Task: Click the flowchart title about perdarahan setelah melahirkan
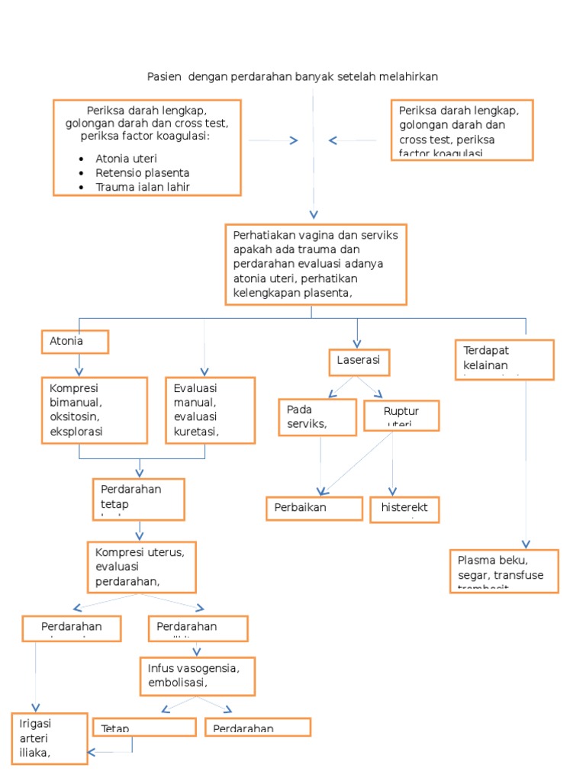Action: pyautogui.click(x=292, y=76)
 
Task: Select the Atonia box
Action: pyautogui.click(x=75, y=342)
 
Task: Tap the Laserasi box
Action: pyautogui.click(x=359, y=362)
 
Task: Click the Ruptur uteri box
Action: pyautogui.click(x=401, y=415)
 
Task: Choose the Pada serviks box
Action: pyautogui.click(x=317, y=417)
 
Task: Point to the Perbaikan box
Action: pyautogui.click(x=314, y=508)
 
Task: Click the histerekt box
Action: pyautogui.click(x=404, y=509)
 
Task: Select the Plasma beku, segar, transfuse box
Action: pyautogui.click(x=503, y=570)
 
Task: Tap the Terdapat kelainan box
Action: pyautogui.click(x=503, y=359)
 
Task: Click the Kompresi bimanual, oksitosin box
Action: pyautogui.click(x=95, y=410)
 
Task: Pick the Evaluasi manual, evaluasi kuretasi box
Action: pyautogui.click(x=210, y=410)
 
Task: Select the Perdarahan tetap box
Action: pyautogui.click(x=139, y=499)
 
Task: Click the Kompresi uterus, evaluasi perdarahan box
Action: pyautogui.click(x=141, y=567)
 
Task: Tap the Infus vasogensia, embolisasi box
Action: pyautogui.click(x=197, y=676)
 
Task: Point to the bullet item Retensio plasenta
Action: pyautogui.click(x=142, y=173)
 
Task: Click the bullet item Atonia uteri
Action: pyautogui.click(x=126, y=159)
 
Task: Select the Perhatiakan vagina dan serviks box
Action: pyautogui.click(x=316, y=264)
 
